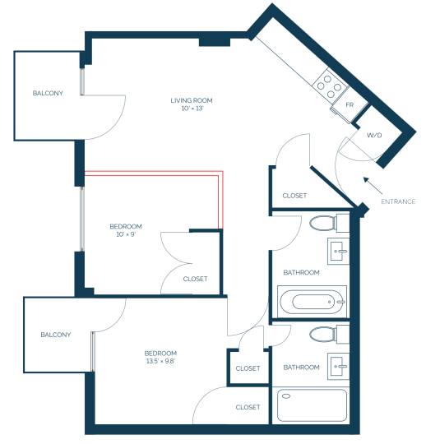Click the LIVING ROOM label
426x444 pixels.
(x=192, y=100)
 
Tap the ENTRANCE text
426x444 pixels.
(x=398, y=201)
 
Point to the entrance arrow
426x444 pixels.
(x=373, y=186)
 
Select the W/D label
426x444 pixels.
(x=374, y=136)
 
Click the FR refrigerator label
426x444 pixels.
(x=350, y=105)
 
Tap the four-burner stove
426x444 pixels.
(x=329, y=86)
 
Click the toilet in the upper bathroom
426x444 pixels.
(x=329, y=224)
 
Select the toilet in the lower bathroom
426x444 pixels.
(x=329, y=335)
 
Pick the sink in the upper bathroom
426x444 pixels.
(x=339, y=251)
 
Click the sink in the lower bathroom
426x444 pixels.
(x=339, y=366)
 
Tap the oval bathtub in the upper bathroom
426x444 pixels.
(x=312, y=302)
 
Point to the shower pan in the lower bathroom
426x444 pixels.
(x=312, y=405)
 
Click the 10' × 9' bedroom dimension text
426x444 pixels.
(x=126, y=234)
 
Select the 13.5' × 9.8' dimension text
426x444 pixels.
(x=160, y=361)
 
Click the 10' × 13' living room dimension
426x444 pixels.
(x=192, y=109)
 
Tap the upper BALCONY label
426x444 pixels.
(x=48, y=93)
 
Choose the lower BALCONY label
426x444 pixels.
(x=56, y=335)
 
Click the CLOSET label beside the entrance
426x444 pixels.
(x=294, y=196)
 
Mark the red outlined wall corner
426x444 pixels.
(x=220, y=173)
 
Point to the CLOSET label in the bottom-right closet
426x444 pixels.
(x=248, y=407)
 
